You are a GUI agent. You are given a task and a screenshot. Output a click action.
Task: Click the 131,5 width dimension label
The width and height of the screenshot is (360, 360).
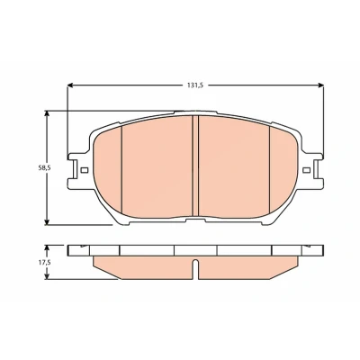pos(195,85)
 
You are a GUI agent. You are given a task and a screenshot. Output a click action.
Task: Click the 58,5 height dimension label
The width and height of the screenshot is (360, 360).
pos(44,168)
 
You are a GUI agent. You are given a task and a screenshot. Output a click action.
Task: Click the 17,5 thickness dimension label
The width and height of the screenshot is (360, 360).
pos(44,263)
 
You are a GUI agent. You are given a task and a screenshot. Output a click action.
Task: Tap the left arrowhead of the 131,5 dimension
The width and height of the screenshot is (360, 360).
pos(70,85)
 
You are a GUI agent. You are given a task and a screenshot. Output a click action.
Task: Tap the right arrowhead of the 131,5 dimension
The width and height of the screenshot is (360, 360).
pos(320,85)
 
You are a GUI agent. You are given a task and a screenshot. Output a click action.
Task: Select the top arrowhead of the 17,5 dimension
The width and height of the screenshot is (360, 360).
pos(47,248)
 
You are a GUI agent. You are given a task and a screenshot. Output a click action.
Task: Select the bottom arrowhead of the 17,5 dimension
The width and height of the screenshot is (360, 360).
pos(47,276)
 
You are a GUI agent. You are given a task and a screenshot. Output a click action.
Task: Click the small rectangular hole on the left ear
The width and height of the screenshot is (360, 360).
pos(85,170)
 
